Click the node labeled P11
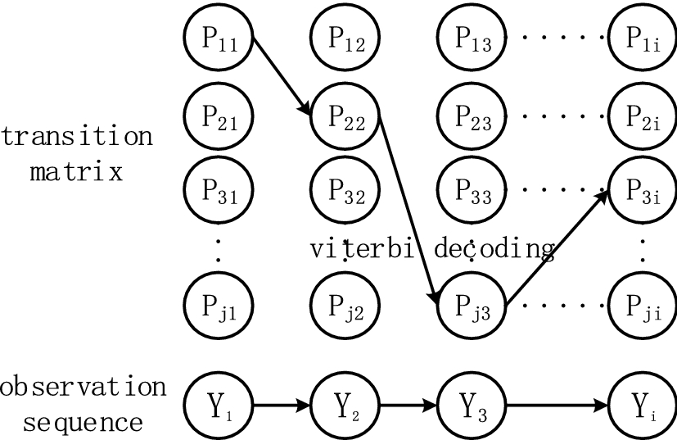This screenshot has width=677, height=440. click(x=218, y=39)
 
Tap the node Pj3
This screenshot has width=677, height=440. click(x=472, y=306)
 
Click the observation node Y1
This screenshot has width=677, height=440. click(x=218, y=403)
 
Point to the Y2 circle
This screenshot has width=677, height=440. click(x=345, y=403)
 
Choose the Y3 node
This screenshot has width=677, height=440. click(x=472, y=403)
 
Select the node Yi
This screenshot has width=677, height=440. click(x=640, y=403)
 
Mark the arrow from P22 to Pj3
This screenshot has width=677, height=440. click(x=408, y=211)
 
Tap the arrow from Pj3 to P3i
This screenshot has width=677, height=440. click(x=556, y=247)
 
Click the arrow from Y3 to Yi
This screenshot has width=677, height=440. click(x=556, y=403)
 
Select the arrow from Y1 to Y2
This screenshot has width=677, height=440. click(x=282, y=403)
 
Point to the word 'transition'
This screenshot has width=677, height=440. click(x=77, y=135)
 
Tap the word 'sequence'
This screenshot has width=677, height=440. click(x=83, y=423)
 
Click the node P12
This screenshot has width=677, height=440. click(x=345, y=39)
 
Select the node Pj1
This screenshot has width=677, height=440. click(x=218, y=306)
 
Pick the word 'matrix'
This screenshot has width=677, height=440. click(x=77, y=173)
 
